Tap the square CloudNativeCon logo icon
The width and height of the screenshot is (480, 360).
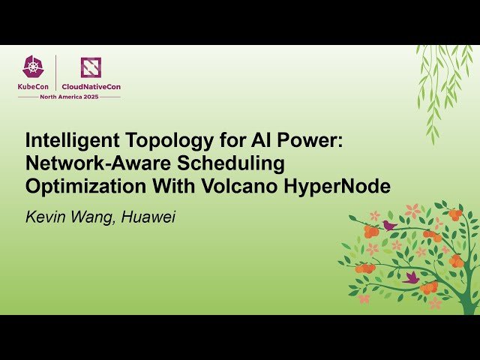91,67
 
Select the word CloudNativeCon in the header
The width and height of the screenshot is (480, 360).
91,86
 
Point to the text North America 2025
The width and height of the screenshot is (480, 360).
68,97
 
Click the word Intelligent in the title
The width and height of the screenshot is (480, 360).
69,140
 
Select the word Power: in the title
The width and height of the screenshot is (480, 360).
313,140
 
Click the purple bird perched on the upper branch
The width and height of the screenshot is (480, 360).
389,224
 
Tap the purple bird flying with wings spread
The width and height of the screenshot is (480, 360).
411,277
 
